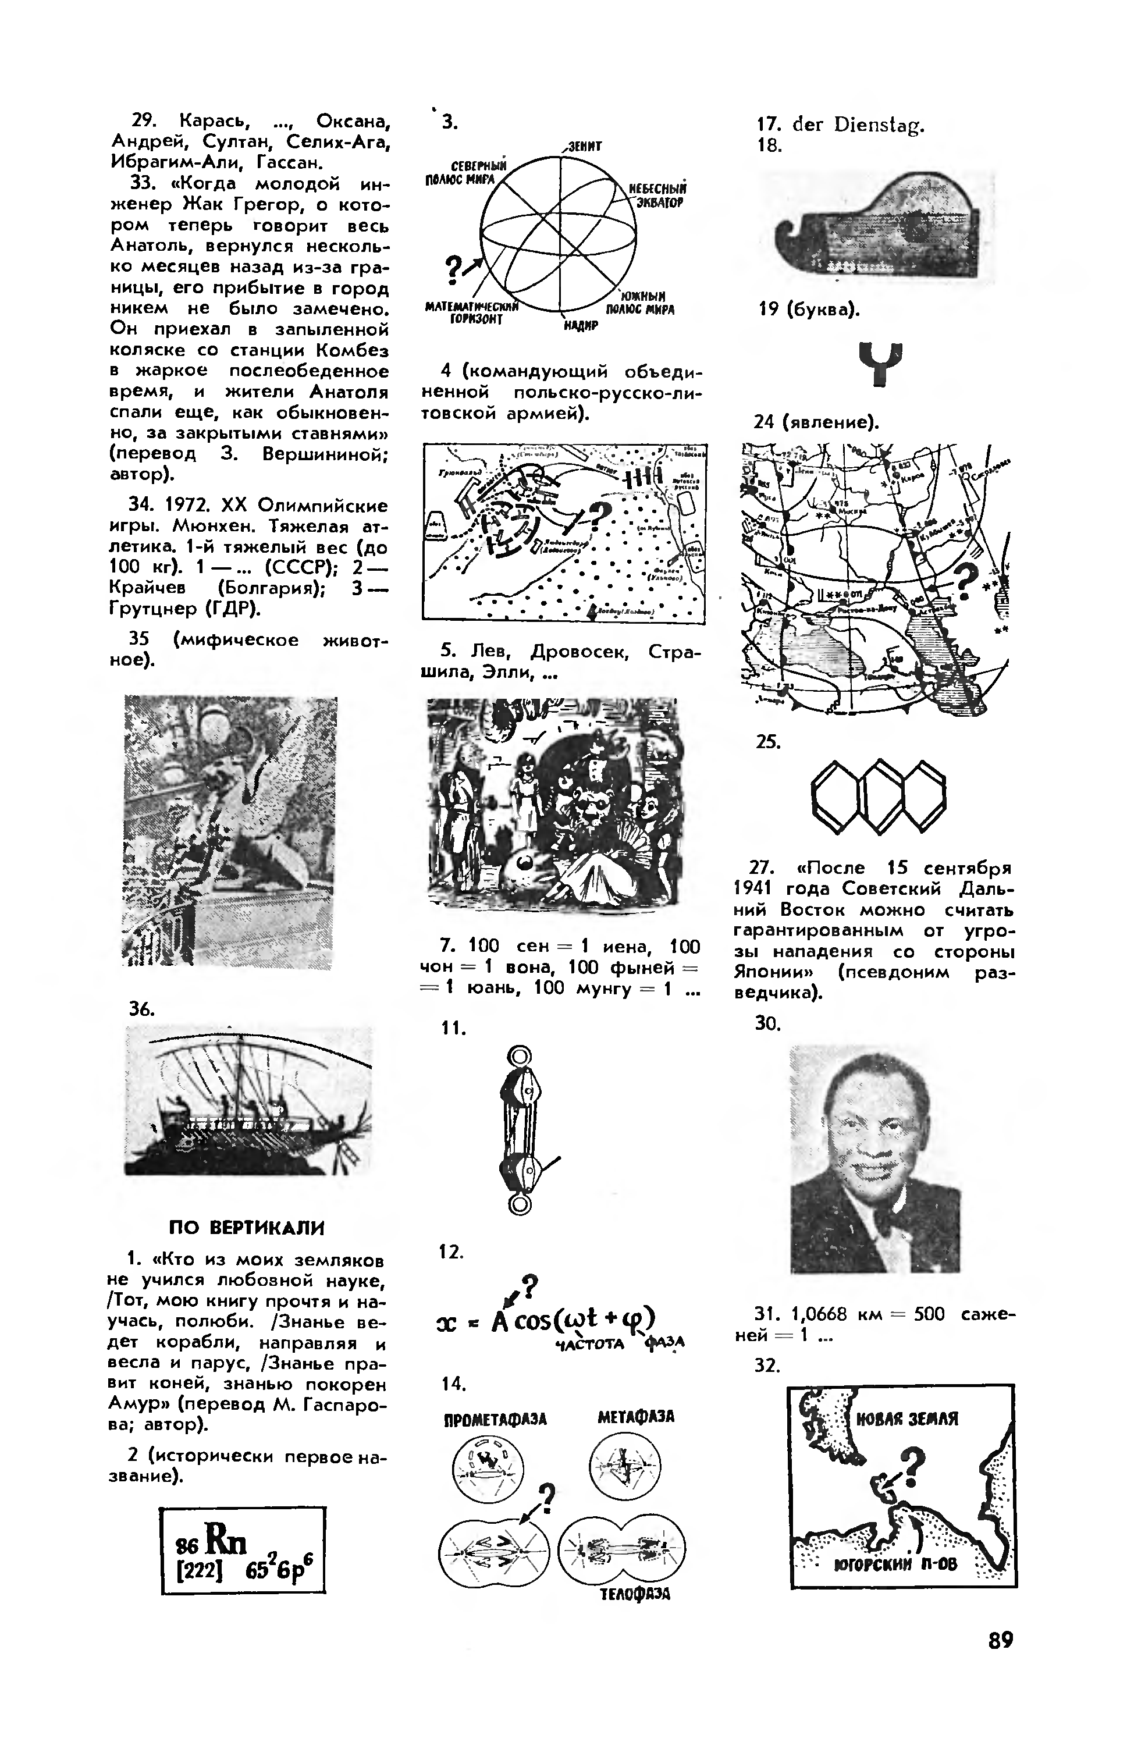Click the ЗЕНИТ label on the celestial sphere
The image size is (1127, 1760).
(583, 147)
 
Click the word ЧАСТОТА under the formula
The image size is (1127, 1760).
(590, 1343)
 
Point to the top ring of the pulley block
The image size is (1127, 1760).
(519, 1056)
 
